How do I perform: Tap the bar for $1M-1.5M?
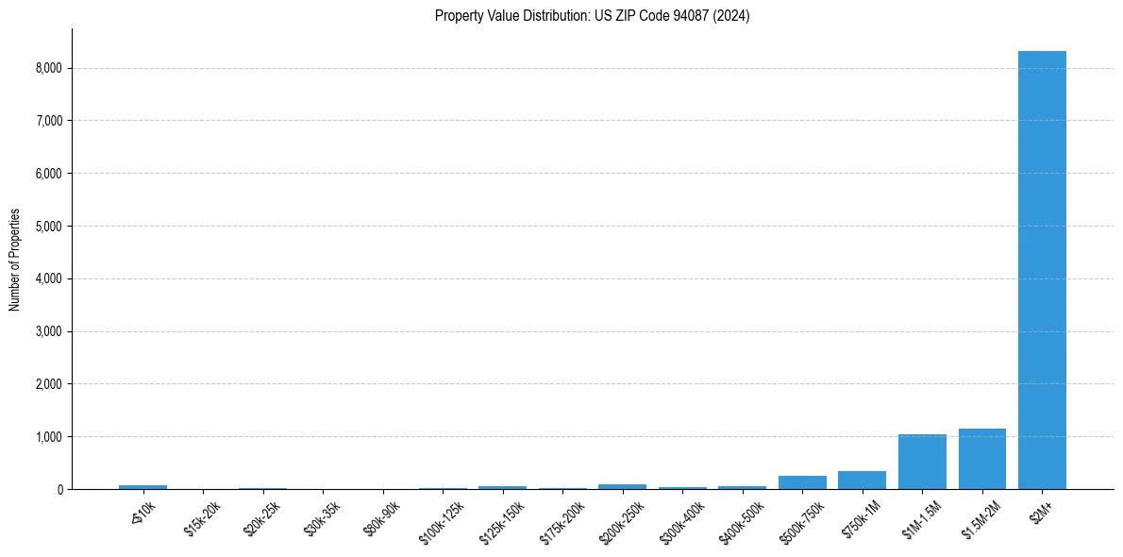coord(922,462)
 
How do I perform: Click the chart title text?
coord(592,16)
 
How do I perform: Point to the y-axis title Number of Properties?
coord(15,259)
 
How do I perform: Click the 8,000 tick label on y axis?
coord(48,68)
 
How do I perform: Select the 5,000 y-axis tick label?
coord(48,227)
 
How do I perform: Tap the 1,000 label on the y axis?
coord(48,437)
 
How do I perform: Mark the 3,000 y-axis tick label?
coord(48,331)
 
